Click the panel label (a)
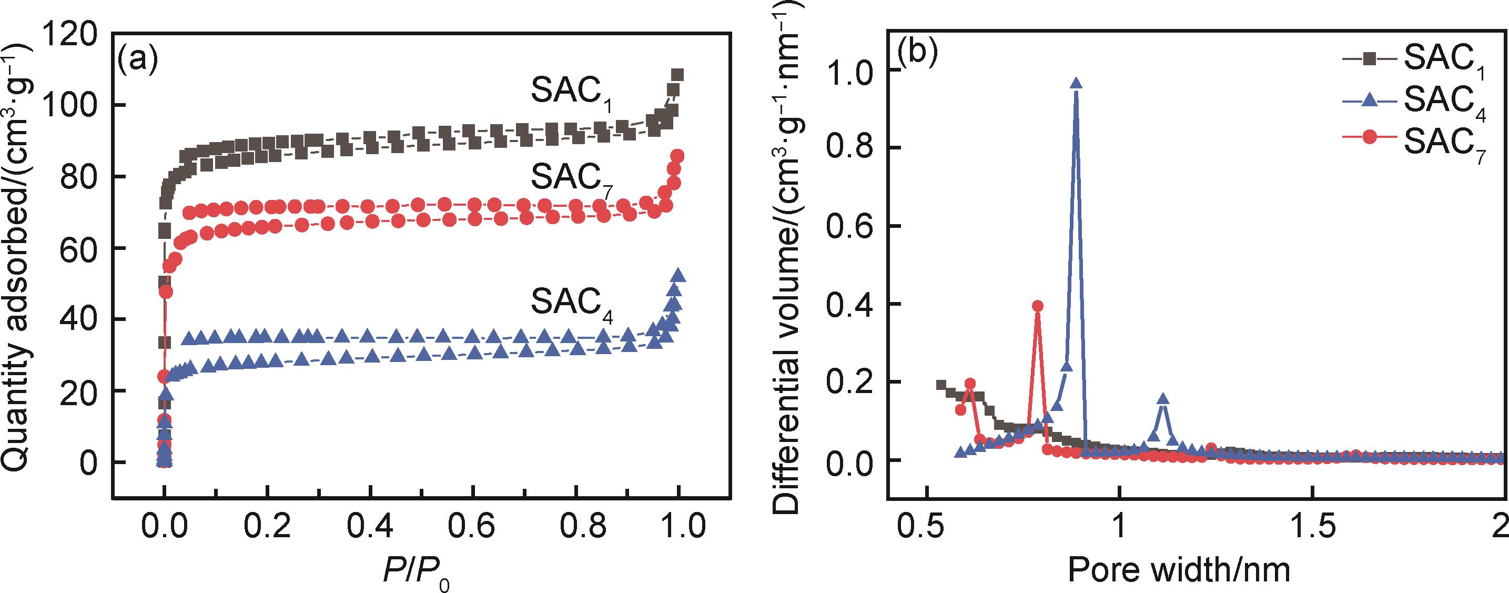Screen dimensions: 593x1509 point(138,61)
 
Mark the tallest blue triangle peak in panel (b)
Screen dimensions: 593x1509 point(1076,84)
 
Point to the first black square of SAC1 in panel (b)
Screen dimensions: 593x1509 point(941,386)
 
